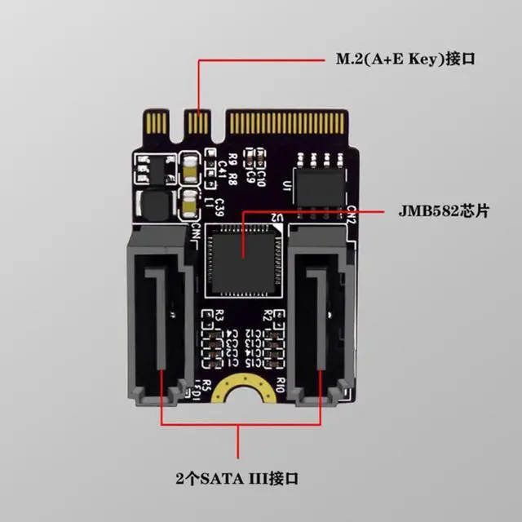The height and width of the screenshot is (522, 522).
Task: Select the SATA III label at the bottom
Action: (x=238, y=476)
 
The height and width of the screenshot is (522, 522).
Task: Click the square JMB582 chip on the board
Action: (x=244, y=258)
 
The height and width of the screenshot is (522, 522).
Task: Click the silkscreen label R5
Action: (x=207, y=385)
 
